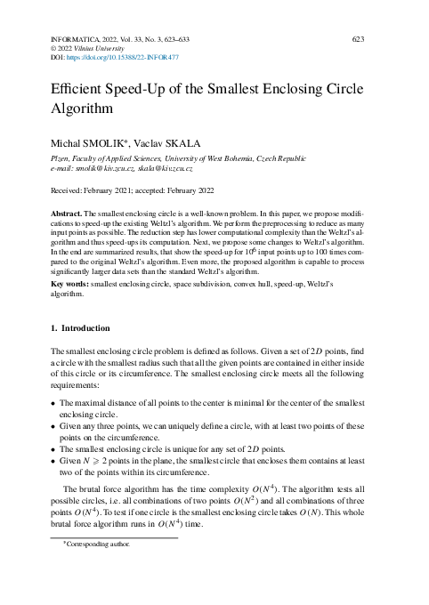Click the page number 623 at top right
pos(359,40)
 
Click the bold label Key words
pos(70,282)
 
